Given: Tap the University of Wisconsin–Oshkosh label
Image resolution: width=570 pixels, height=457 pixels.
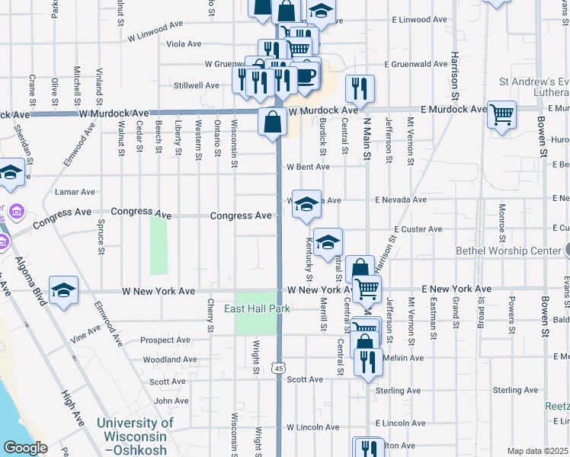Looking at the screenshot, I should coord(135,436).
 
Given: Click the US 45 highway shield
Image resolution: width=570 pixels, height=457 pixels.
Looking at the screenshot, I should coord(280,368).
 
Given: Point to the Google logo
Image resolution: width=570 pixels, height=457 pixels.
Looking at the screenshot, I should coord(25,448).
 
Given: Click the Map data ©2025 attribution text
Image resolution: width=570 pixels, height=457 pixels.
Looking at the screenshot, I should coord(537,451).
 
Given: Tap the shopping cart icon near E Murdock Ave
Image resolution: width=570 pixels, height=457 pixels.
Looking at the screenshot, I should coord(502,115).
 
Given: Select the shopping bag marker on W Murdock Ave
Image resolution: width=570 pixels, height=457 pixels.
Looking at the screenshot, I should coord(272,122).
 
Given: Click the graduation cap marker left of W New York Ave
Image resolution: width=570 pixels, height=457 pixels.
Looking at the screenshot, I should coord(64,289).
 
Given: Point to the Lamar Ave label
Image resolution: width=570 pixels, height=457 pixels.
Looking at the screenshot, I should coord(75,192).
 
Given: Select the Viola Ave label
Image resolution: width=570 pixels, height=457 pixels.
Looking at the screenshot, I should coord(184,44).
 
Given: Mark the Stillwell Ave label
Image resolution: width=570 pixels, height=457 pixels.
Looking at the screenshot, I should coord(196,85).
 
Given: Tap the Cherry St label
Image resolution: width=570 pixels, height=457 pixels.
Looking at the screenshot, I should coord(210,315).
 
